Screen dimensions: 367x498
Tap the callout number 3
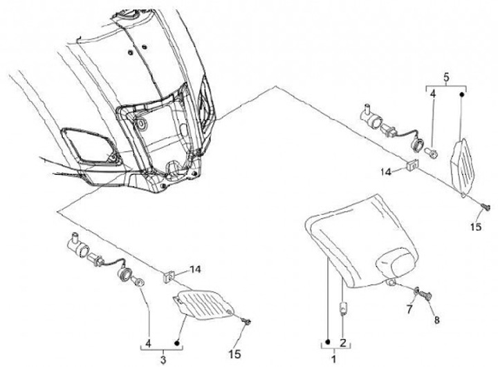[x=163, y=359]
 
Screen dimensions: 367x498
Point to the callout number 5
[x=446, y=79]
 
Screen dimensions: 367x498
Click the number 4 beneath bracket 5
[x=432, y=94]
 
